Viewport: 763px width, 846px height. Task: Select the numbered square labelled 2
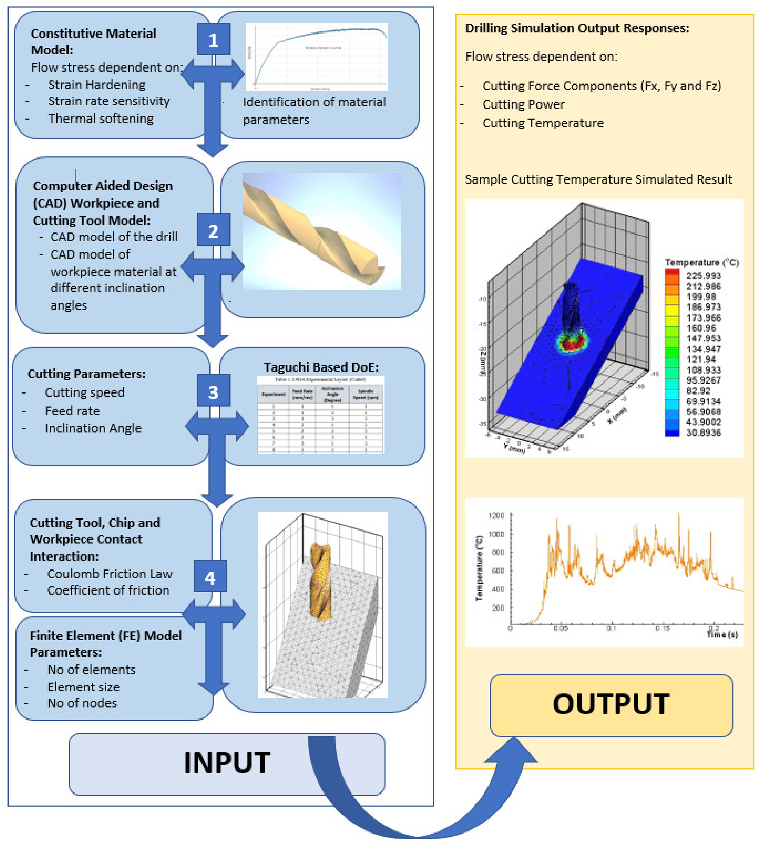tap(213, 230)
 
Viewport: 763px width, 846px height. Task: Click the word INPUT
tap(227, 762)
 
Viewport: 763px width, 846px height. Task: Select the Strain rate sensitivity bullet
tap(109, 101)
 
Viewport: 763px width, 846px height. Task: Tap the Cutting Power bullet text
tap(523, 104)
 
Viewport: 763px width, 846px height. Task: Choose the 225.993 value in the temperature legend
tap(703, 276)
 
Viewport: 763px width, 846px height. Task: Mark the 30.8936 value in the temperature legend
tap(703, 432)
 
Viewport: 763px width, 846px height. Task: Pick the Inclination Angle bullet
tap(93, 428)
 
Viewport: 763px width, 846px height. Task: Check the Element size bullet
tap(83, 687)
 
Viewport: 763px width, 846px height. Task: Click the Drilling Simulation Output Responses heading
tap(577, 28)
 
